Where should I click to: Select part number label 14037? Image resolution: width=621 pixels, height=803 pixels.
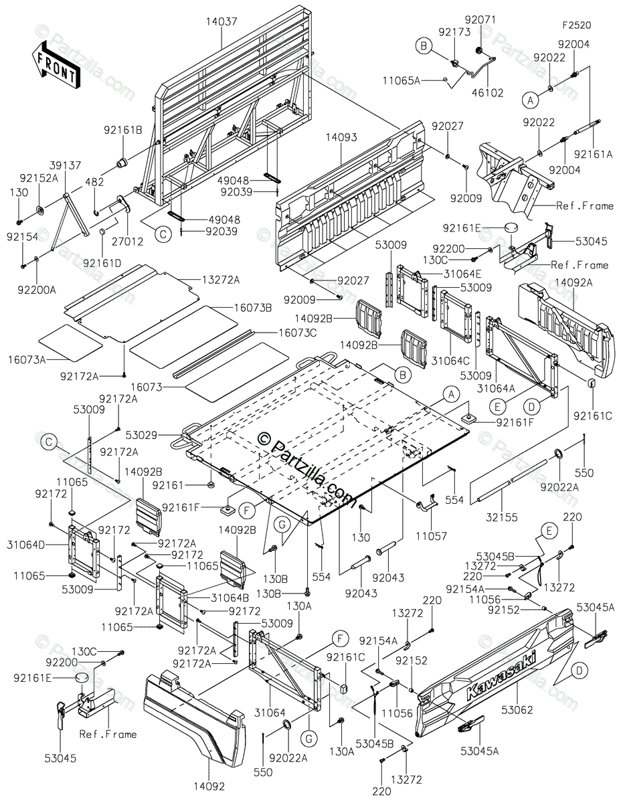221,22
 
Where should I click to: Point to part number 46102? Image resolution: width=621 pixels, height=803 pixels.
490,93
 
